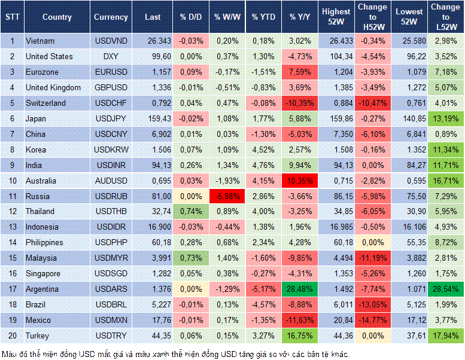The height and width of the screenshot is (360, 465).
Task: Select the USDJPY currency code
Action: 111,118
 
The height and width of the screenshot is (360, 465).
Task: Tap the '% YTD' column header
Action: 263,17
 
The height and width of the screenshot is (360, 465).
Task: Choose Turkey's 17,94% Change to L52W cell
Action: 446,335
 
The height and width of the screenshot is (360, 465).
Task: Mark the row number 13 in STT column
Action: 12,227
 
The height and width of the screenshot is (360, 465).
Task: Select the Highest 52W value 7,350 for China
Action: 336,134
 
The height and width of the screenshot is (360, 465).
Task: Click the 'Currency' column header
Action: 111,17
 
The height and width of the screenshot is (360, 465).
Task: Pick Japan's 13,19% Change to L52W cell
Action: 446,118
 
